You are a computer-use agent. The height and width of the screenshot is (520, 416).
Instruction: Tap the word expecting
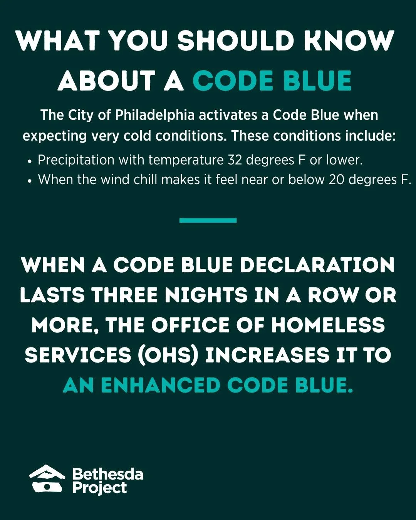pyautogui.click(x=55, y=136)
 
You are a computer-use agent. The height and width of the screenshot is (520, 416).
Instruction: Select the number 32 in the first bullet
pyautogui.click(x=235, y=160)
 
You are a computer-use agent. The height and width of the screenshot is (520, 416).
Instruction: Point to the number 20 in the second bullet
pyautogui.click(x=336, y=180)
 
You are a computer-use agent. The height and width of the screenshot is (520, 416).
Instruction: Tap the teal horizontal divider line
pyautogui.click(x=208, y=220)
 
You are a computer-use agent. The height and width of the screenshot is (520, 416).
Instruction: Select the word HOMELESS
pyautogui.click(x=328, y=325)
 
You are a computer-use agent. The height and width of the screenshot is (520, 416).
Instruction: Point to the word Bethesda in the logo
pyautogui.click(x=108, y=474)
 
